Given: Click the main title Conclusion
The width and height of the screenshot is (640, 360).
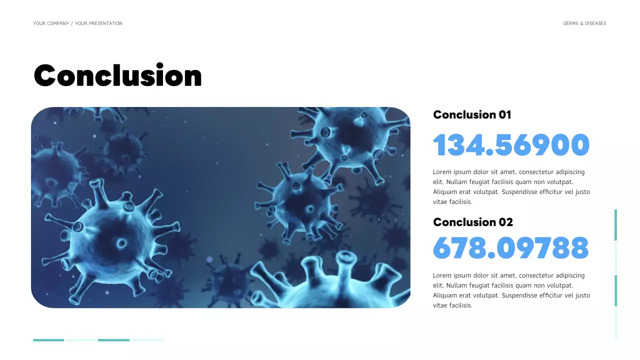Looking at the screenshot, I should [x=117, y=76].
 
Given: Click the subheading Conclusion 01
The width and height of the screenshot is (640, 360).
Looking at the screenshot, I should [x=472, y=114].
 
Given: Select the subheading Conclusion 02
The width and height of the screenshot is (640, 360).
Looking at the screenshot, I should [x=473, y=222].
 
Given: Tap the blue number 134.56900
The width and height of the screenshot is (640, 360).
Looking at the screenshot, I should [x=511, y=145].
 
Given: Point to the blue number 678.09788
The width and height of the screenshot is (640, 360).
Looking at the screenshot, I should [x=510, y=247].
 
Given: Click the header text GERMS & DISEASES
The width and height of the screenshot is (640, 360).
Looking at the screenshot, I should [x=584, y=23].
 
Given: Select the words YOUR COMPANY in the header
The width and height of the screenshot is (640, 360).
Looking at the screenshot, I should [x=51, y=23].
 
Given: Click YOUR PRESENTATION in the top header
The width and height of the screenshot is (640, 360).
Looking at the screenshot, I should [x=98, y=23].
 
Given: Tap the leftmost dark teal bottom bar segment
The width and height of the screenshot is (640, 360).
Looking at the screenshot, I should [x=48, y=340].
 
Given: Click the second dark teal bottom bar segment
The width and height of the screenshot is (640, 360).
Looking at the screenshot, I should [x=113, y=340].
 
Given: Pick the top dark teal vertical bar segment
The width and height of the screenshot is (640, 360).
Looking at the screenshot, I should [x=615, y=225].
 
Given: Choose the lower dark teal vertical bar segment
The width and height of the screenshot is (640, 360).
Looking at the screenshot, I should [x=615, y=290].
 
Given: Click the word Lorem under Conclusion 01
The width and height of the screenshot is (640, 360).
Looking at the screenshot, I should [x=442, y=172].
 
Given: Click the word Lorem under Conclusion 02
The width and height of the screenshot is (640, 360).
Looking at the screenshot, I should [x=442, y=275].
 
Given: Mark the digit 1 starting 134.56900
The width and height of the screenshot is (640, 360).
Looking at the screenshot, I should [x=439, y=145].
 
